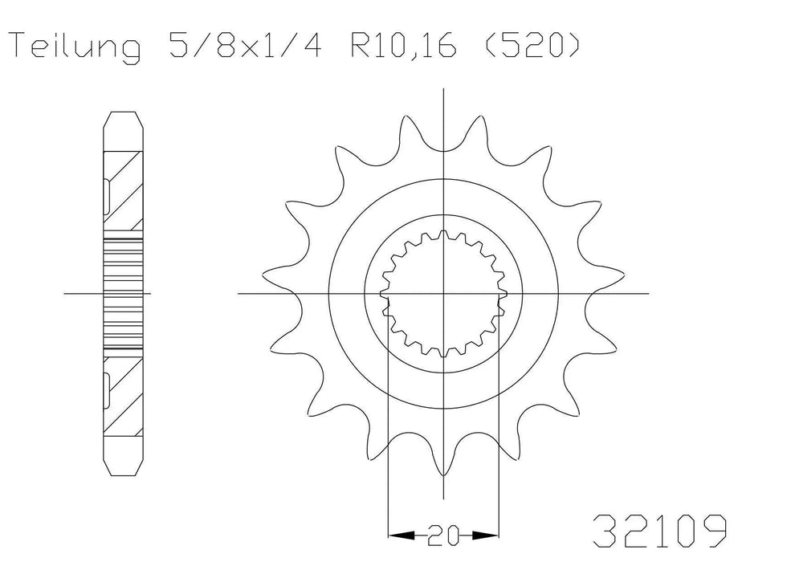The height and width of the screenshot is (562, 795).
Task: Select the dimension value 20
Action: point(444,533)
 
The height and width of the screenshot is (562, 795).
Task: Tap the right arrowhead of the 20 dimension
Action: point(491,533)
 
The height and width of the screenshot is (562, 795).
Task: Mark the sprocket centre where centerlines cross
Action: point(444,294)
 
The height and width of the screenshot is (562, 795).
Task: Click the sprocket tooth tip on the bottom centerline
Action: point(444,474)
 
